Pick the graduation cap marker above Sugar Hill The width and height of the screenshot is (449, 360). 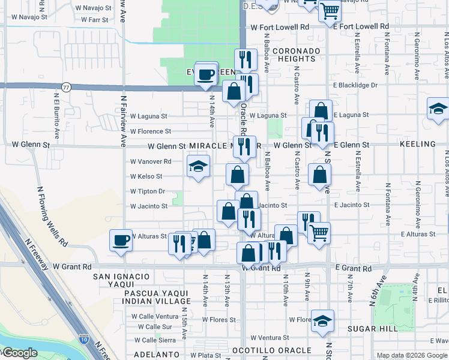tap(322, 321)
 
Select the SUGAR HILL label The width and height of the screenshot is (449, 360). tap(372, 329)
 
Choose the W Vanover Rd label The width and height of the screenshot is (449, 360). tap(151, 161)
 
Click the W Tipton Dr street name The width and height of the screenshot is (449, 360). tap(148, 191)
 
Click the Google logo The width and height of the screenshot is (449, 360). tap(19, 353)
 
